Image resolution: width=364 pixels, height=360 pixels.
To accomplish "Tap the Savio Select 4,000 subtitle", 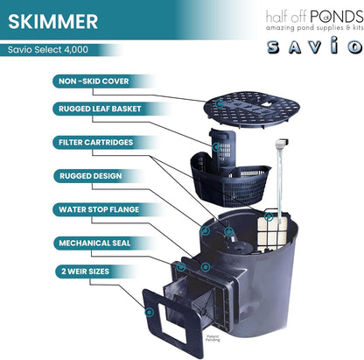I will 51,50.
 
